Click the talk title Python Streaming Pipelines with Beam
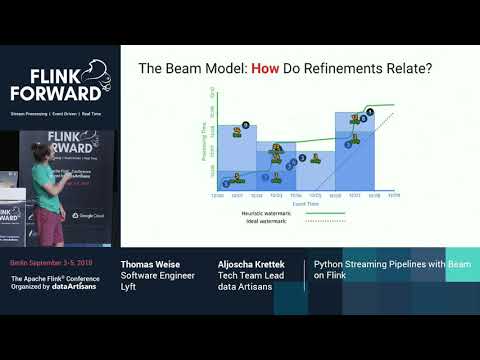(x=379, y=265)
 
